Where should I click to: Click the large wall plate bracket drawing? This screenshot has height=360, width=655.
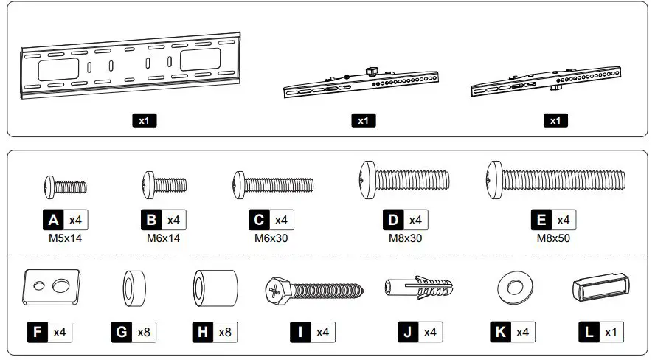131,66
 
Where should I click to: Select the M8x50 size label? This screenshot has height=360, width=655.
553,238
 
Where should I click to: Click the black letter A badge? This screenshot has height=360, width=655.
53,220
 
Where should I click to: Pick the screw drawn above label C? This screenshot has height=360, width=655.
273,181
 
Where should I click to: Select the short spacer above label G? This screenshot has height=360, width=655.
134,286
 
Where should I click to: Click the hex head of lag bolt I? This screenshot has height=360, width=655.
274,291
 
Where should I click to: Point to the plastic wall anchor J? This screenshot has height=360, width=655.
416,287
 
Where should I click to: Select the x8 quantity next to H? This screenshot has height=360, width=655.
225,333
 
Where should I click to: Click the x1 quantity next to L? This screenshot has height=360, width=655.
610,333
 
